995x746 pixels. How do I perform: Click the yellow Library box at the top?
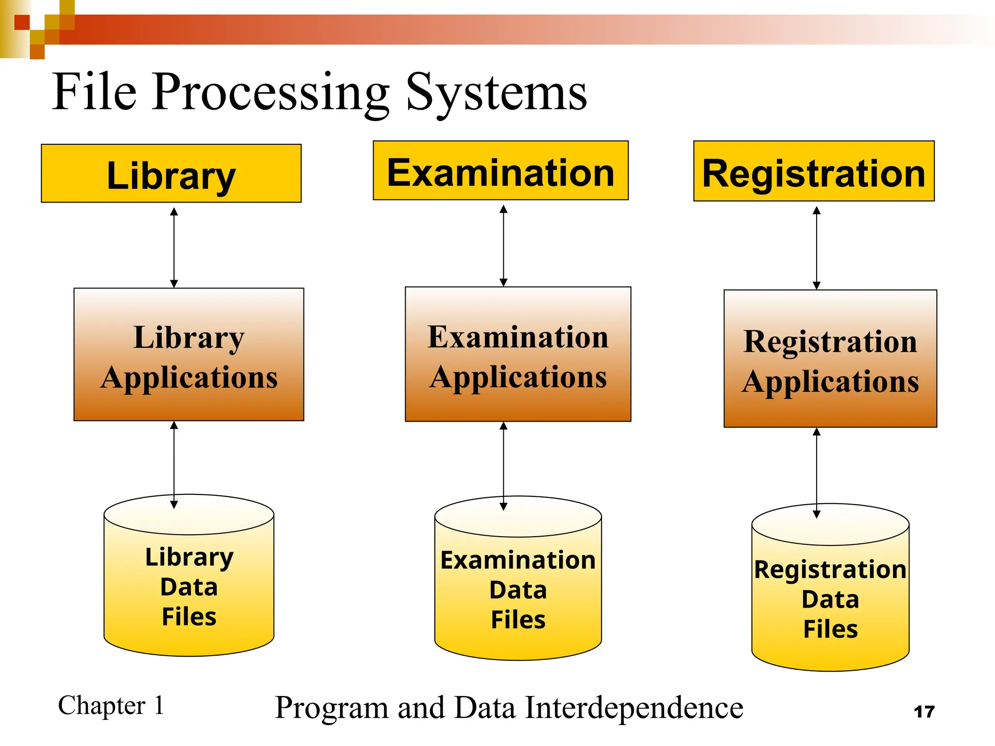click(171, 173)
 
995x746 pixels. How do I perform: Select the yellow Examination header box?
click(500, 170)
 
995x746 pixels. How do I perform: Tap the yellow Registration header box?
click(814, 171)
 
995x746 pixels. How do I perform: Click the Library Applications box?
click(189, 355)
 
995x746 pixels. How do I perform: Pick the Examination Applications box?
click(518, 354)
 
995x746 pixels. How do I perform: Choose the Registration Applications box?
click(830, 358)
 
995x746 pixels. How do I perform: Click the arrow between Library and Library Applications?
click(174, 247)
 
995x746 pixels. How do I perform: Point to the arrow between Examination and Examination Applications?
click(503, 245)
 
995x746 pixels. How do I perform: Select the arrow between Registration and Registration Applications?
click(817, 248)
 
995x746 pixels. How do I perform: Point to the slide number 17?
click(924, 712)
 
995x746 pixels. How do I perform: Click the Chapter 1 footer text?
click(111, 705)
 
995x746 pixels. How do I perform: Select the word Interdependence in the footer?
click(634, 708)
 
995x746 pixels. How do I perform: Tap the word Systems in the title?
click(496, 92)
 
